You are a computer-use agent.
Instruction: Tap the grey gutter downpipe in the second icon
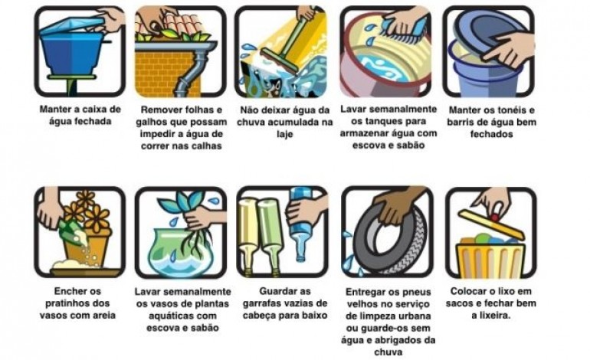coord(188,77)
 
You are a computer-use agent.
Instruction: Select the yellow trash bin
coord(487,257)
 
